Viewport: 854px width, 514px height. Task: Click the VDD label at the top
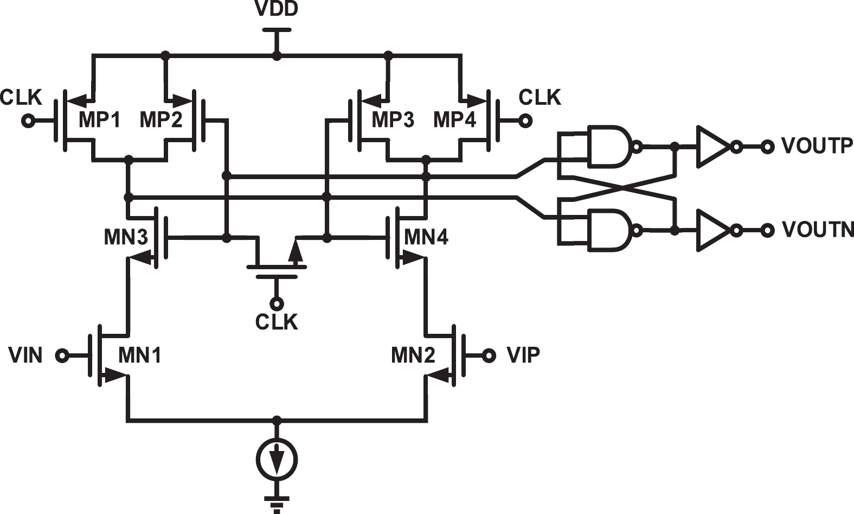[277, 9]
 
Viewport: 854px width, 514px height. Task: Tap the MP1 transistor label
[100, 119]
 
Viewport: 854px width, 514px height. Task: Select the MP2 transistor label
[161, 119]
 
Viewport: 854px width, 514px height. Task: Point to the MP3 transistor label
[393, 119]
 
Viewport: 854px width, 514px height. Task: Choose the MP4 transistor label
[454, 119]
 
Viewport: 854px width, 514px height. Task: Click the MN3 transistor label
[126, 237]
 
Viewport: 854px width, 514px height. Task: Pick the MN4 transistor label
[426, 237]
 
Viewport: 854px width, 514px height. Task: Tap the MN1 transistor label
[140, 356]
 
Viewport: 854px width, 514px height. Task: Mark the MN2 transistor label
[413, 356]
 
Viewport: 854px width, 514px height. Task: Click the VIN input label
[25, 356]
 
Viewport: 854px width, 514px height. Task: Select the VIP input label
[523, 355]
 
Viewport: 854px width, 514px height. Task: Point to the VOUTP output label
[817, 146]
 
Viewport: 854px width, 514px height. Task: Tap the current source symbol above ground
[277, 460]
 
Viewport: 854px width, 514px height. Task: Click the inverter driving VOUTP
[714, 147]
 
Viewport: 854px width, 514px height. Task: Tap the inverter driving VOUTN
[714, 230]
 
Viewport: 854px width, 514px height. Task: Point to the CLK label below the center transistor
[277, 322]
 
